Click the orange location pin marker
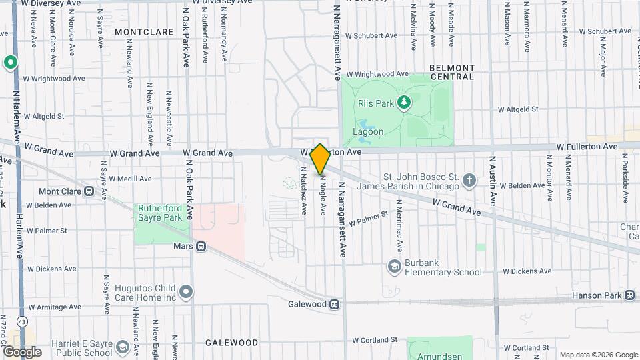tap(320, 159)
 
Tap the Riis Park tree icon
tap(403, 102)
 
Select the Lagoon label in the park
tap(368, 131)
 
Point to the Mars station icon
tap(201, 247)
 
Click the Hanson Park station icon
tap(629, 295)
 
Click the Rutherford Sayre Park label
tap(159, 213)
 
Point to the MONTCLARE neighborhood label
tap(139, 31)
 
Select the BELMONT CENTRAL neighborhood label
tap(452, 72)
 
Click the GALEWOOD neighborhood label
tap(231, 343)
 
